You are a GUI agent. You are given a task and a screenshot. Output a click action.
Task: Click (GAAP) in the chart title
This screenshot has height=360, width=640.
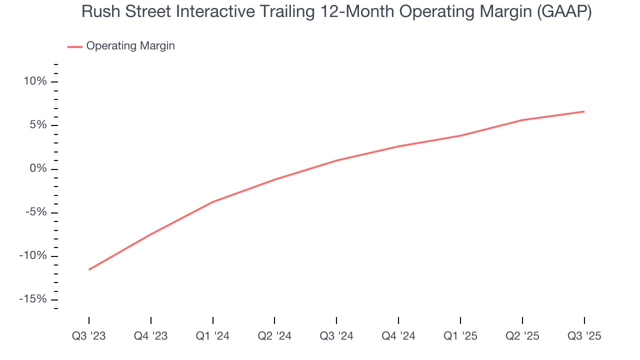(x=563, y=12)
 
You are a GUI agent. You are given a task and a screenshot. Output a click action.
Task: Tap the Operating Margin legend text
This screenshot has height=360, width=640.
(x=130, y=46)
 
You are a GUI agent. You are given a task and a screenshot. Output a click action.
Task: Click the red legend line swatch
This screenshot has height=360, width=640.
(x=75, y=46)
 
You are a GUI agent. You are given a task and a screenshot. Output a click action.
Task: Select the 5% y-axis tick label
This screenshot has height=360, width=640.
(x=37, y=125)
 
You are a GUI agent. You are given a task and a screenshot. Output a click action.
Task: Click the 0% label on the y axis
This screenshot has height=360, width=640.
(x=37, y=168)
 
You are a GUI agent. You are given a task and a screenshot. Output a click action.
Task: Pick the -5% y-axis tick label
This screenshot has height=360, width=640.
(x=35, y=212)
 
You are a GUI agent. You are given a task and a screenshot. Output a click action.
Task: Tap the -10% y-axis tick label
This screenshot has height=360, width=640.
(x=33, y=255)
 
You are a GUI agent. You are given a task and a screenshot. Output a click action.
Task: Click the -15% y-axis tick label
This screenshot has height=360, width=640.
(x=33, y=299)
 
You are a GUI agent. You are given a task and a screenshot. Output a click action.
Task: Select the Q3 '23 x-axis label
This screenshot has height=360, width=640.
(x=89, y=336)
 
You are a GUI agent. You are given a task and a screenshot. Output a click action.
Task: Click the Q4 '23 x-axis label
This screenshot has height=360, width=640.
(x=151, y=336)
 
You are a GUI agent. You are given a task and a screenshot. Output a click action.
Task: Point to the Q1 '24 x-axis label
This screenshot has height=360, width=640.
(x=213, y=336)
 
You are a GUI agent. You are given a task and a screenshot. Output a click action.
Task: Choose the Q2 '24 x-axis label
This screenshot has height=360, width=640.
(x=274, y=336)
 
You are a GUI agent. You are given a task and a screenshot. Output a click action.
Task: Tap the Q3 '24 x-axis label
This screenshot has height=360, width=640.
(x=336, y=336)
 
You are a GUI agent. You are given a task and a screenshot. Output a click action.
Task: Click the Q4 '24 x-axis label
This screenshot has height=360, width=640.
(x=398, y=336)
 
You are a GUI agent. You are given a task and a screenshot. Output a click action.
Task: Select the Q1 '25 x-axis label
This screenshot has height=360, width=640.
(x=460, y=336)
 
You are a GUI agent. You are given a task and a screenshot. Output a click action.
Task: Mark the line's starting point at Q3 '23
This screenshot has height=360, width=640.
(x=89, y=269)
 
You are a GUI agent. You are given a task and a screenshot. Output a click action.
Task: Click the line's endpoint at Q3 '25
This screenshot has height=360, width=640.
(x=584, y=111)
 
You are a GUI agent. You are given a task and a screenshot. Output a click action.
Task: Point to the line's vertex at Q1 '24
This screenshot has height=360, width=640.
(x=213, y=202)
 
